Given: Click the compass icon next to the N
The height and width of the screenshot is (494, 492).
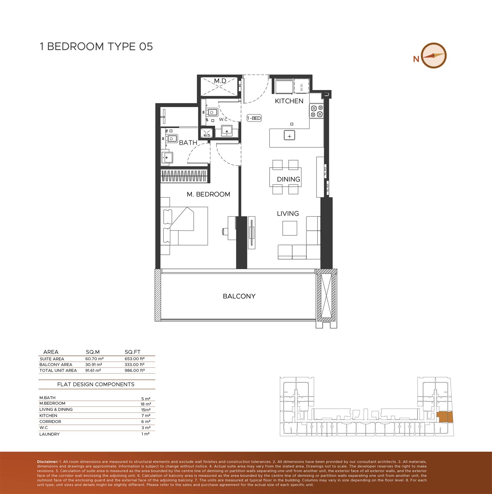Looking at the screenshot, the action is [433, 55].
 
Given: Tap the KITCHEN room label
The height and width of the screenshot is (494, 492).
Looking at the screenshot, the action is [289, 101].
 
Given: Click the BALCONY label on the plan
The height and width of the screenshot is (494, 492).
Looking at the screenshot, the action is [239, 296].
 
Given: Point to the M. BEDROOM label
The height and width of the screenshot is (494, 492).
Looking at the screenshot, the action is [208, 194].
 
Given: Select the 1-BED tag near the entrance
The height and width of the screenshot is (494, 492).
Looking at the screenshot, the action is [254, 118].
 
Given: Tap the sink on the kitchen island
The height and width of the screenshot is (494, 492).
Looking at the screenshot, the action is [289, 136].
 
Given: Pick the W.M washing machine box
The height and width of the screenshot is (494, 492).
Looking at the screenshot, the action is [301, 87].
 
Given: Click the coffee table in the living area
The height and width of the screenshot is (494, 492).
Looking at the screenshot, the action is [290, 228].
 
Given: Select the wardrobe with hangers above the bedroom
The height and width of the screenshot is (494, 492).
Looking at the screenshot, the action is [184, 176].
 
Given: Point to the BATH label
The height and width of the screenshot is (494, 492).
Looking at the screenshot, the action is [188, 143].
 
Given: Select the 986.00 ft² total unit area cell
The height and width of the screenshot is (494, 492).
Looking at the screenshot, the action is [134, 370].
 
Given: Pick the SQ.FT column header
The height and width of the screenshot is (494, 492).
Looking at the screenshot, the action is [133, 352].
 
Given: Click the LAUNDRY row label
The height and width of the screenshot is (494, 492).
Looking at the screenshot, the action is [50, 434].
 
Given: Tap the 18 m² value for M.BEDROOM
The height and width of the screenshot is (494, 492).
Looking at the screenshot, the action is [146, 404].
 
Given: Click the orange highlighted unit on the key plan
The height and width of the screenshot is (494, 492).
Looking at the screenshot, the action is [445, 418].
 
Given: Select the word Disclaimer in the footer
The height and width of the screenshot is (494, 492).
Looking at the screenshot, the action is [48, 462].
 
